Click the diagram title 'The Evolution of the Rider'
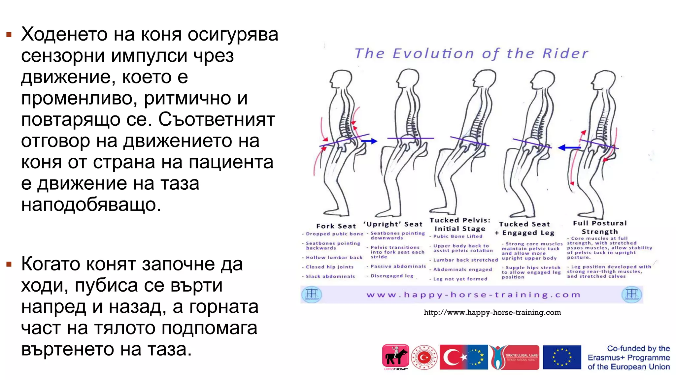click(x=471, y=53)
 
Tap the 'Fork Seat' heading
click(x=336, y=226)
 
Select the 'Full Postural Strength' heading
click(x=599, y=227)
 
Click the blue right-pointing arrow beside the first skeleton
click(x=369, y=141)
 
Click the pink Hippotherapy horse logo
click(x=395, y=357)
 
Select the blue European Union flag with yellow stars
click(x=562, y=357)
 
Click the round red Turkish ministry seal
click(x=424, y=357)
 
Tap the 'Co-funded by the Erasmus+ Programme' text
click(x=628, y=358)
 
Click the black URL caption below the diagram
click(x=492, y=312)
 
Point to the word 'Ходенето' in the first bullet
click(x=64, y=34)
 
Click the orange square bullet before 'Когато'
click(x=9, y=264)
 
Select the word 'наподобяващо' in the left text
click(x=91, y=205)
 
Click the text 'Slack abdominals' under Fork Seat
click(x=330, y=276)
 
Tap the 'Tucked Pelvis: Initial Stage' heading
click(x=460, y=224)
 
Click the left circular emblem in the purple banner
click(x=311, y=294)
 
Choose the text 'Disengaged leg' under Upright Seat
click(x=392, y=276)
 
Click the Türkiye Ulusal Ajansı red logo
click(x=515, y=357)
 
